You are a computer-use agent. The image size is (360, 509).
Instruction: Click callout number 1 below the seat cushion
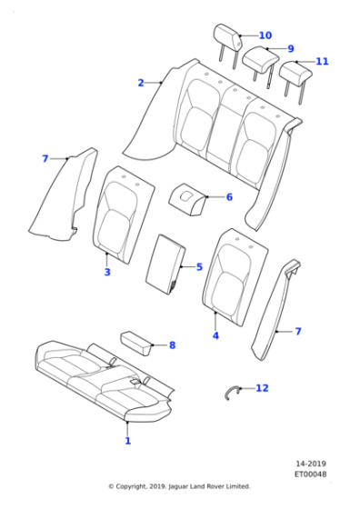click(x=127, y=441)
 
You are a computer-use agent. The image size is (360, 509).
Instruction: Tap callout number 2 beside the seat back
click(x=141, y=83)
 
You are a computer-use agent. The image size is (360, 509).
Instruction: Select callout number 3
click(x=106, y=272)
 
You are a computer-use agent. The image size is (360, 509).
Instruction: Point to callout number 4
click(x=215, y=335)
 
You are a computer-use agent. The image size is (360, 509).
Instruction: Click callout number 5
click(x=199, y=267)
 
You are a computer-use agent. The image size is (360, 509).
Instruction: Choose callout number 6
click(x=229, y=196)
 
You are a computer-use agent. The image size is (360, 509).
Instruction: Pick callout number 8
click(x=172, y=344)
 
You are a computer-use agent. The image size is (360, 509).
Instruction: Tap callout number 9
click(x=290, y=48)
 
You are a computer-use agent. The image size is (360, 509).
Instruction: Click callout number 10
click(x=265, y=35)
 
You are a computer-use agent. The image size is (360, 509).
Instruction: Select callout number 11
click(x=322, y=61)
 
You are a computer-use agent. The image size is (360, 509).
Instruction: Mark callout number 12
click(x=262, y=388)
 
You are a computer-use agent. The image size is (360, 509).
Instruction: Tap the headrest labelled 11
click(x=295, y=72)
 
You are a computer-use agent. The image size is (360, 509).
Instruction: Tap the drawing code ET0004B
click(x=310, y=474)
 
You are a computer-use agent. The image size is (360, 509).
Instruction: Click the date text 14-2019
click(x=310, y=463)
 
